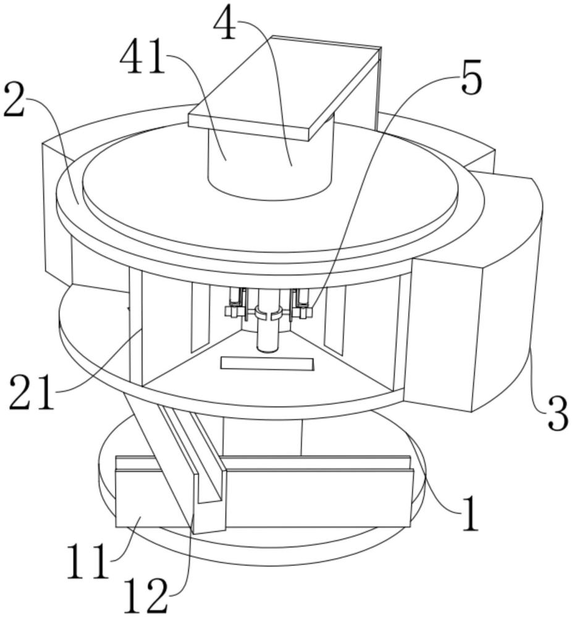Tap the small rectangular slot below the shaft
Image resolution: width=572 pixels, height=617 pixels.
(267, 363)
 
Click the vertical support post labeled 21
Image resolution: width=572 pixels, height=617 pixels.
(135, 327)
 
